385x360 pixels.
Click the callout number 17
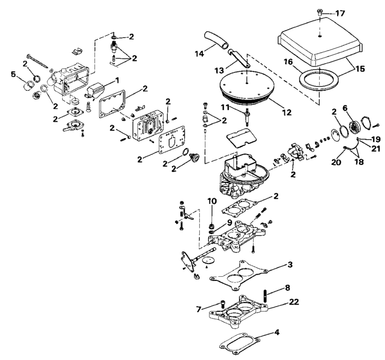pos(340,13)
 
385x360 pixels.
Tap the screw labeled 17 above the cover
pos(320,12)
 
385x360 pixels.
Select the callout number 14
pos(200,53)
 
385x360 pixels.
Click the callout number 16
pos(288,62)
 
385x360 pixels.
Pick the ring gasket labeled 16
pos(319,79)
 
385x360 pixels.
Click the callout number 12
pos(286,112)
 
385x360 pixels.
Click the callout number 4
pos(277,332)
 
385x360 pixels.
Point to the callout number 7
pos(199,309)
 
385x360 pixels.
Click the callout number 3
pos(290,264)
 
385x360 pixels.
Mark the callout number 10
pos(212,201)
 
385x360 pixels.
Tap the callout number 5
pos(13,74)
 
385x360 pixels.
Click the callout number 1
pos(117,80)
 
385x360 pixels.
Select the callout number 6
pos(345,107)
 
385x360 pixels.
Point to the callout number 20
pos(336,162)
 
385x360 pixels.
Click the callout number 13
pos(219,70)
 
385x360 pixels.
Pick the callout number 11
pos(225,107)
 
